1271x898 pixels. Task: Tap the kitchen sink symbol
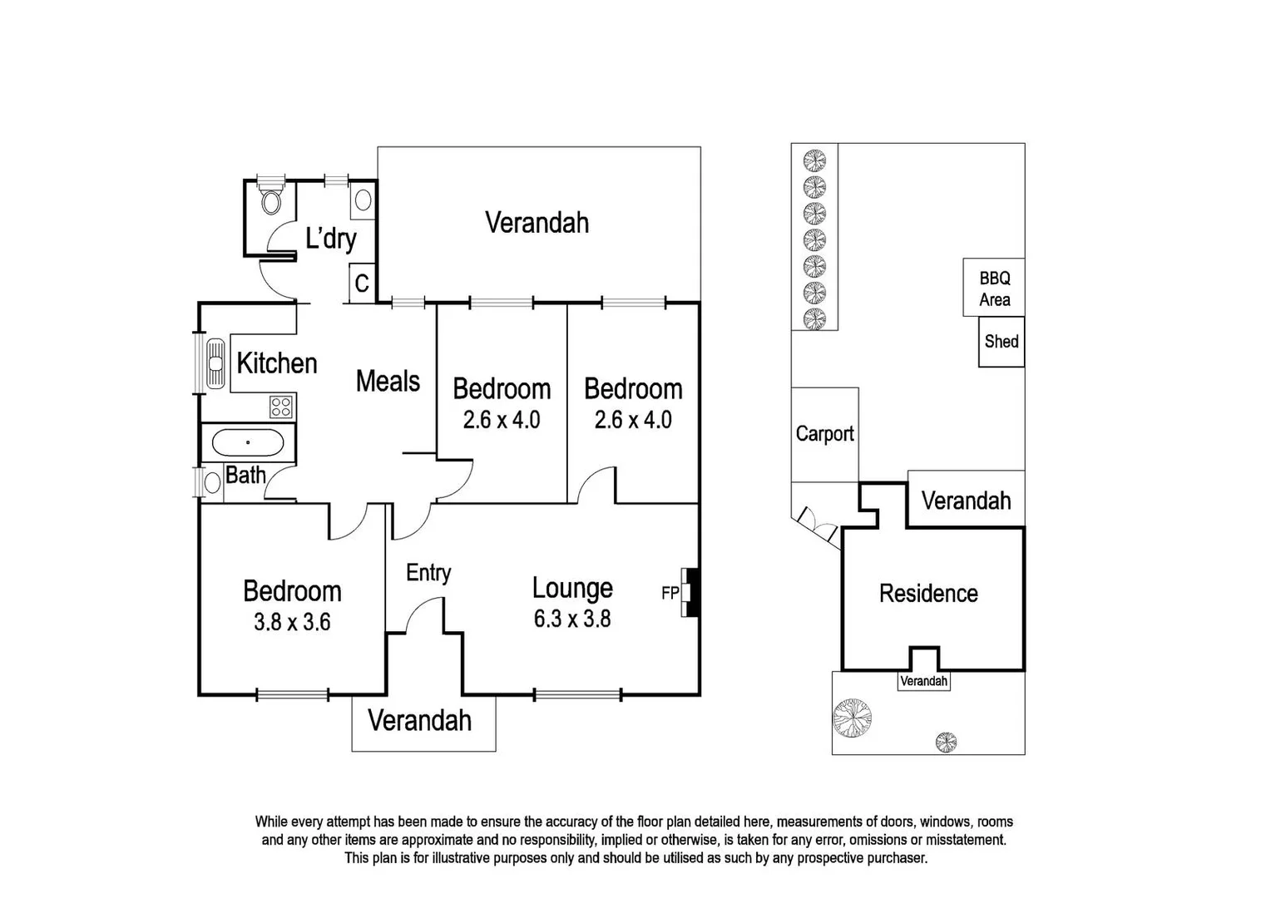[x=215, y=363]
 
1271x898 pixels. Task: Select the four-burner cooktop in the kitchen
[x=281, y=407]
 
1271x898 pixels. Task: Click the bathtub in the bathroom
[x=248, y=442]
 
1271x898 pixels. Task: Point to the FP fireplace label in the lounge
[x=670, y=593]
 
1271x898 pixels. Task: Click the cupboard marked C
[x=362, y=284]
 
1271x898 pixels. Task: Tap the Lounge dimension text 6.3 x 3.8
[x=572, y=619]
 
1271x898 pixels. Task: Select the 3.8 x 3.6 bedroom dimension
[x=292, y=622]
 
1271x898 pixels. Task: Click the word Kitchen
[x=277, y=363]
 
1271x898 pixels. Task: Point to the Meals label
[x=388, y=382]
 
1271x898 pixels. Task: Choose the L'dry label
[x=331, y=239]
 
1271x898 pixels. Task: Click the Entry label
[x=428, y=573]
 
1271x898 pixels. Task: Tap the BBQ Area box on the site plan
[x=994, y=289]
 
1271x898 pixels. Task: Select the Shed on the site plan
[x=1001, y=342]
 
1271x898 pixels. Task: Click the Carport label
[x=824, y=434]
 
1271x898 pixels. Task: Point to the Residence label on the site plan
[x=928, y=594]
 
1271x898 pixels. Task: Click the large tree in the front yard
[x=853, y=718]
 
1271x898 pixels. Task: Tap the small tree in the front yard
[x=946, y=741]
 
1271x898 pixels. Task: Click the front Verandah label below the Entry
[x=420, y=721]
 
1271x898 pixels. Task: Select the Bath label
[x=246, y=476]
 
